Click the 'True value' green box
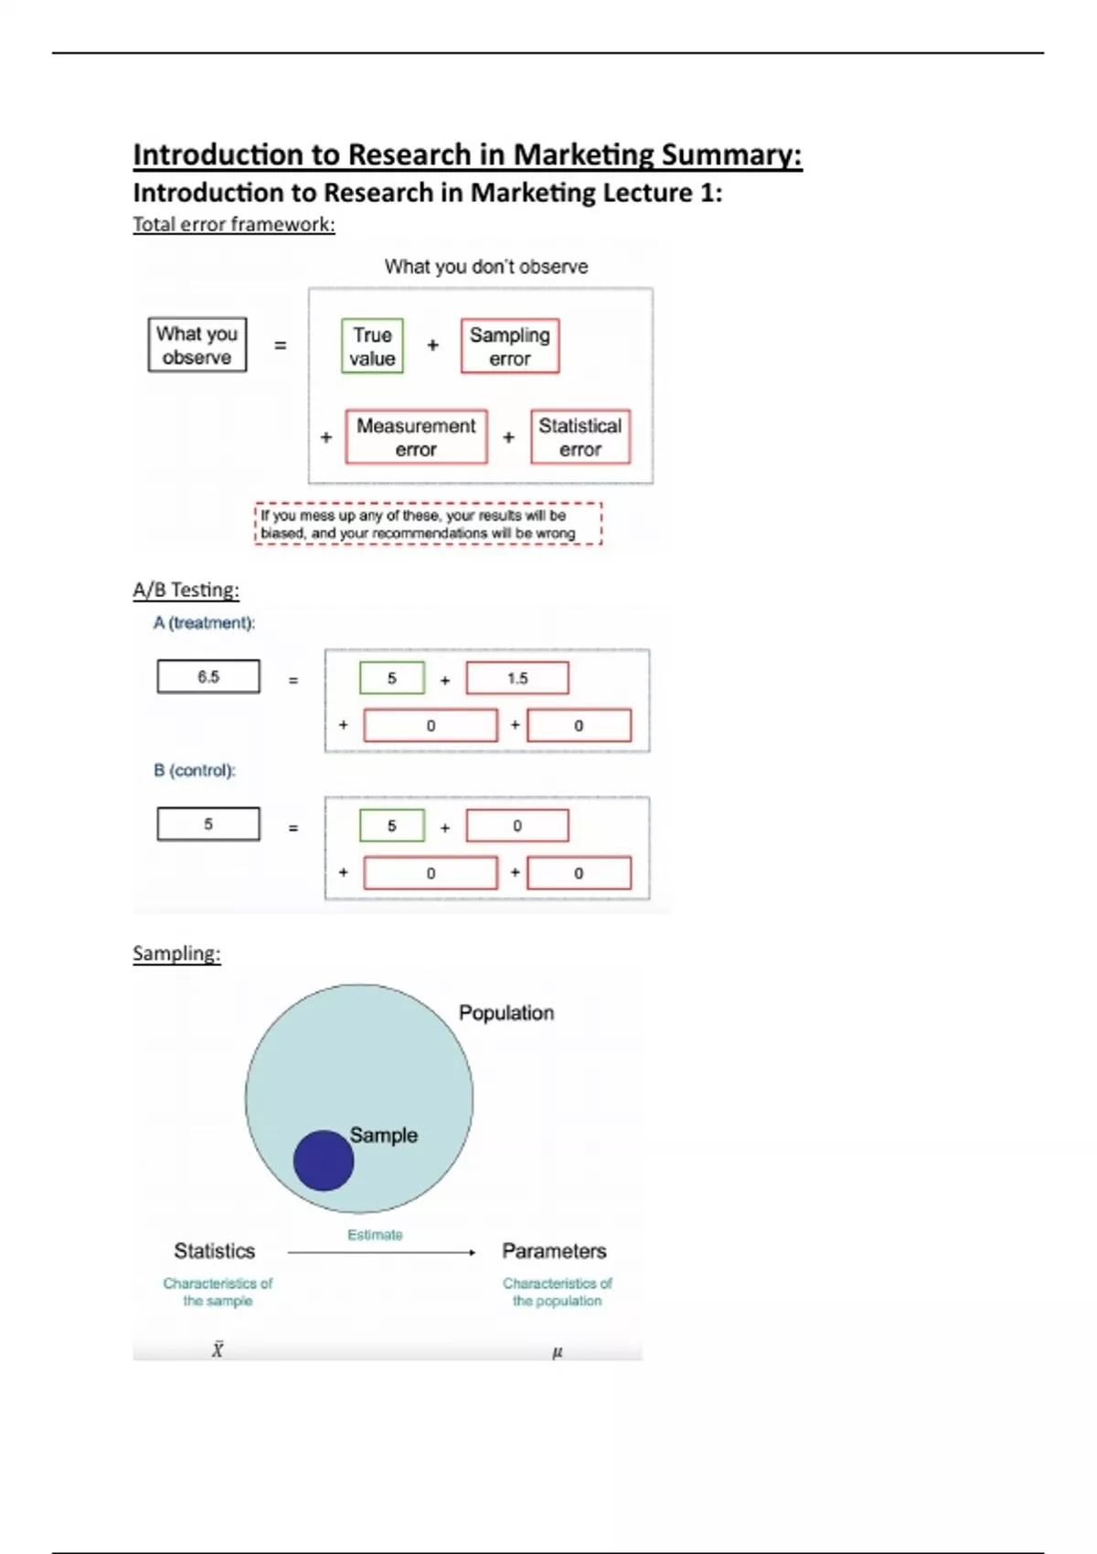[372, 346]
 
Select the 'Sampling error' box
[509, 346]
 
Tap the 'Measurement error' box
[416, 437]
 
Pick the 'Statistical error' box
[580, 437]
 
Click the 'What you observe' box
[197, 345]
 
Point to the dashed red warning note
[428, 524]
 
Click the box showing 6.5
[208, 676]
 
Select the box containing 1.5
[517, 678]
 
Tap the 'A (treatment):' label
[204, 623]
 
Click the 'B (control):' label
[194, 770]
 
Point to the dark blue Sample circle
[324, 1160]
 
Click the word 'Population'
[506, 1013]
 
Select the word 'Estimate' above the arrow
[375, 1235]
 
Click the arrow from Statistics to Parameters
[381, 1252]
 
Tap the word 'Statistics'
[215, 1251]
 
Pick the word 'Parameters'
[554, 1251]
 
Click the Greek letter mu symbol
[558, 1352]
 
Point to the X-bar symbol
[218, 1349]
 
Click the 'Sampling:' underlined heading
[176, 953]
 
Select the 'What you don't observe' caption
[485, 267]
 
